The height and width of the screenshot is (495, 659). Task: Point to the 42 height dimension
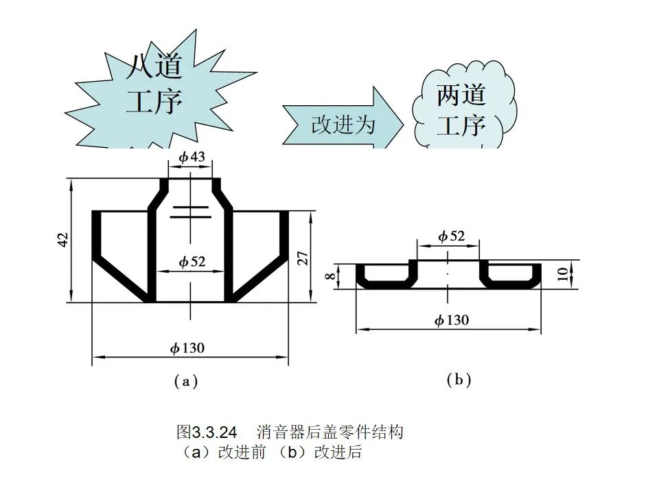coord(62,240)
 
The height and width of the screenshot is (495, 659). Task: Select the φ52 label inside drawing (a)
coord(192,262)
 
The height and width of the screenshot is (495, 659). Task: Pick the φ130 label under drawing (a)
coord(187,348)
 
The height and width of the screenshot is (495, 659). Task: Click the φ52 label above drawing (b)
coord(451,236)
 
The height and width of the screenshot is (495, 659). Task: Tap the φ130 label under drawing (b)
coord(452,320)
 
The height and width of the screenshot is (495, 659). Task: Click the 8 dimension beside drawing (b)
coord(330,276)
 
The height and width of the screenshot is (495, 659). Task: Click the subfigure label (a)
coord(185,381)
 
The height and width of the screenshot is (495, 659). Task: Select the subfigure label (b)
coord(459,379)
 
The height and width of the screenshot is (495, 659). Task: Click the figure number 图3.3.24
coord(207,432)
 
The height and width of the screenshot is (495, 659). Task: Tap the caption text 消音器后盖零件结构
coord(330,432)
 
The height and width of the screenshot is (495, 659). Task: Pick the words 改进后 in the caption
coord(338,453)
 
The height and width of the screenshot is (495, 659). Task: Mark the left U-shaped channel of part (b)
coord(384,277)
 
